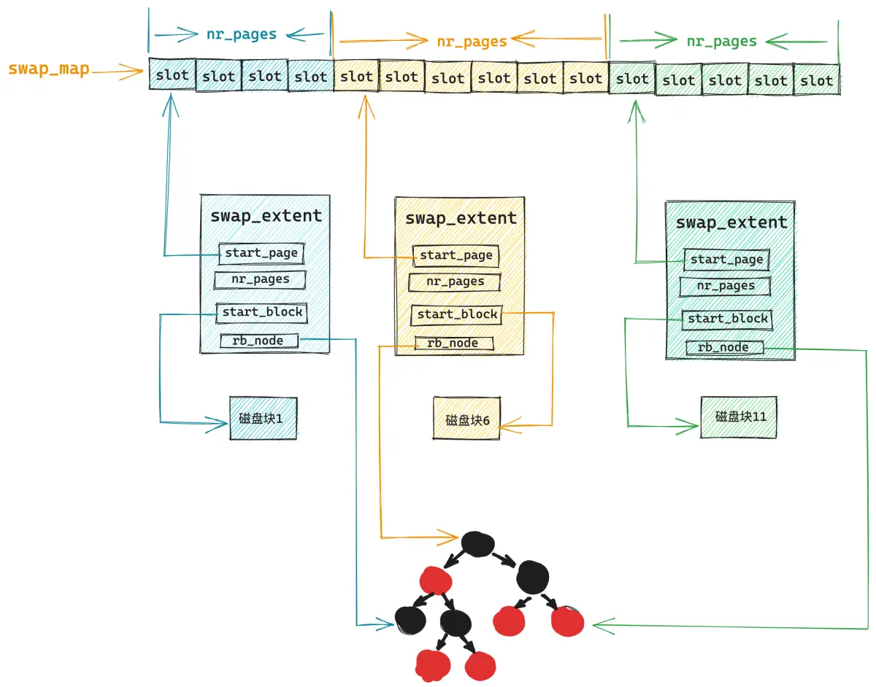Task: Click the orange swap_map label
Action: [x=49, y=69]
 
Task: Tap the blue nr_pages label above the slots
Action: [x=242, y=34]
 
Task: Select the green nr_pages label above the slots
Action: [x=721, y=42]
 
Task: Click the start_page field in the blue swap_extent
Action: [x=261, y=253]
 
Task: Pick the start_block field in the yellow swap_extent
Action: [x=457, y=314]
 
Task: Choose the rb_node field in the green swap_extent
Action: [x=724, y=347]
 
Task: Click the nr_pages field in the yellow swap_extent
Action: [x=455, y=282]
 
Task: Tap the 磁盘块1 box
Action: [x=264, y=418]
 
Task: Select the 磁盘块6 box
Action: [x=466, y=418]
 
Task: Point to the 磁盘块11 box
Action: [x=739, y=416]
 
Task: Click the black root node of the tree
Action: [x=477, y=543]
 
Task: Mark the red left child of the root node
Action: [x=435, y=581]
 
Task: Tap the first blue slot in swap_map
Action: [x=172, y=74]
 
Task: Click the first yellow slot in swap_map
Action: [x=356, y=76]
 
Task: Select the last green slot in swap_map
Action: [x=817, y=79]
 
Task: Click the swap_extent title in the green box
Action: [x=731, y=222]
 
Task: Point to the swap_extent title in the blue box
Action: [x=266, y=217]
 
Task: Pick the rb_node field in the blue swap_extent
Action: [x=259, y=341]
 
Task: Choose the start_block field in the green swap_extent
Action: [x=727, y=319]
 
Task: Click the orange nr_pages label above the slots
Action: [x=472, y=42]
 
